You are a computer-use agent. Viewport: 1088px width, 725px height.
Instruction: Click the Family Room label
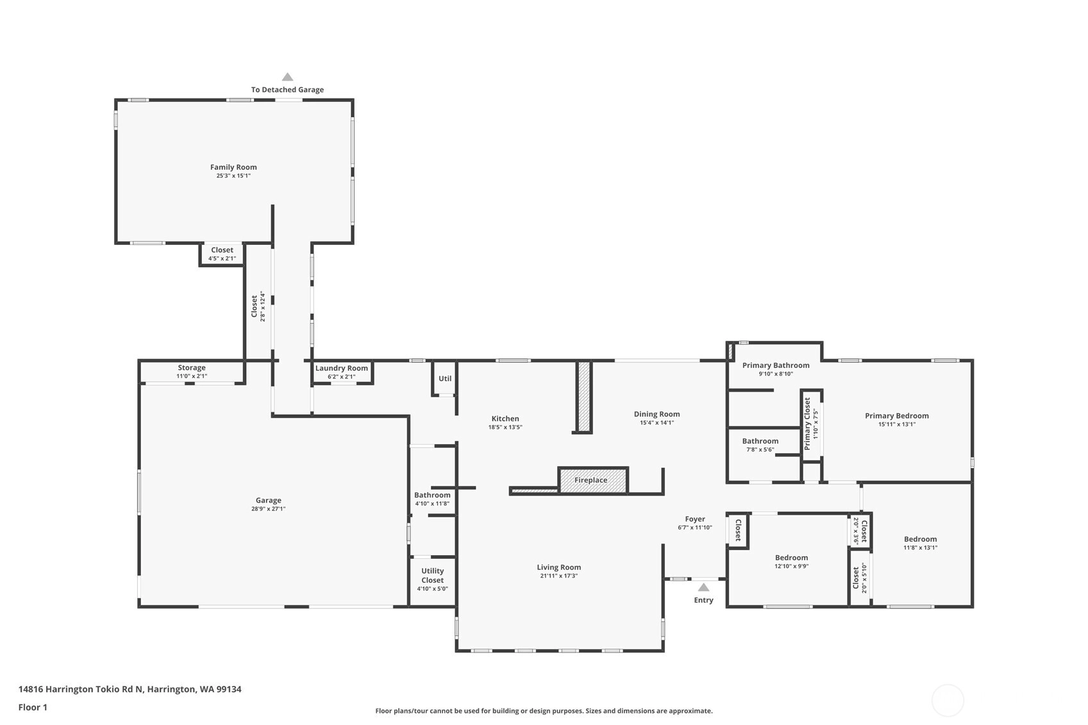pos(233,167)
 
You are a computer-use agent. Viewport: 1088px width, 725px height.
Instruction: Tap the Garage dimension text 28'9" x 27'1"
pos(268,509)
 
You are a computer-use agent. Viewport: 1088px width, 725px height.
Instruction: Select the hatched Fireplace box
pos(593,480)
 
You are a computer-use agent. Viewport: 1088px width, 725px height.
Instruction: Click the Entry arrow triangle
pos(703,587)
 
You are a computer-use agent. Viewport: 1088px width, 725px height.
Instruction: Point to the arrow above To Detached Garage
pos(287,77)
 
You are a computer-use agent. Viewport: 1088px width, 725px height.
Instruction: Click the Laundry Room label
pos(342,368)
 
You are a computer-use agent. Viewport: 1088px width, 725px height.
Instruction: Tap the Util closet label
pos(445,378)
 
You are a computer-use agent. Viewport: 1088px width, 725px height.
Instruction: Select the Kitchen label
pos(505,419)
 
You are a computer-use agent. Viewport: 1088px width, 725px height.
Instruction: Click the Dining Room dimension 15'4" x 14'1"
pos(657,422)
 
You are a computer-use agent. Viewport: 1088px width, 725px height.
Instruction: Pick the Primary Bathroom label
pos(776,365)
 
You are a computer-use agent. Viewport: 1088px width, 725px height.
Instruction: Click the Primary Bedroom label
pos(897,415)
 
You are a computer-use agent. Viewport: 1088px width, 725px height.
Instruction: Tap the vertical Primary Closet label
pos(807,424)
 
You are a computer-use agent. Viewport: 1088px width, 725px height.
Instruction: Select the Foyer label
pos(695,519)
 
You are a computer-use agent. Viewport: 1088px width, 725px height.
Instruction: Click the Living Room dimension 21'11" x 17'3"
pos(558,576)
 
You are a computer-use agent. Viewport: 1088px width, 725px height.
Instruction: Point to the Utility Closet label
pos(432,576)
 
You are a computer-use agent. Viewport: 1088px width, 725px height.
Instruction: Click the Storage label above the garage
pos(191,367)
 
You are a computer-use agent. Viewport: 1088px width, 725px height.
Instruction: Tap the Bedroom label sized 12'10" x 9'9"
pos(791,558)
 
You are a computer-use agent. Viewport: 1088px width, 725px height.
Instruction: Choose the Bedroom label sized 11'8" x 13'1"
pos(921,539)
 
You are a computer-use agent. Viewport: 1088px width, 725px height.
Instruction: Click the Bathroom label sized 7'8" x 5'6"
pos(760,441)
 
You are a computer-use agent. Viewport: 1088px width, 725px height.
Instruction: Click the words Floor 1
pos(33,707)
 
